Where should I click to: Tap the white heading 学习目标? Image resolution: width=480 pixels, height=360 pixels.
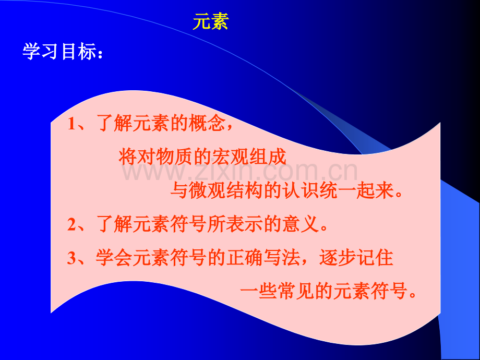tap(61, 52)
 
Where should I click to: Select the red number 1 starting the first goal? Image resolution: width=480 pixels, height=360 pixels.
tap(72, 125)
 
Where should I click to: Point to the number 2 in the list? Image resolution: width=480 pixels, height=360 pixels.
tap(72, 224)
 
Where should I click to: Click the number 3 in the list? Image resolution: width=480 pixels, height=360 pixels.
tap(72, 258)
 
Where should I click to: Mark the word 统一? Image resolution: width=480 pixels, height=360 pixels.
tap(340, 191)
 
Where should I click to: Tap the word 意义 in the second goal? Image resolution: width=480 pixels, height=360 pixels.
tap(303, 224)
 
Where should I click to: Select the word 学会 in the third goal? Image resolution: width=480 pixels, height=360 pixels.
tap(115, 258)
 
